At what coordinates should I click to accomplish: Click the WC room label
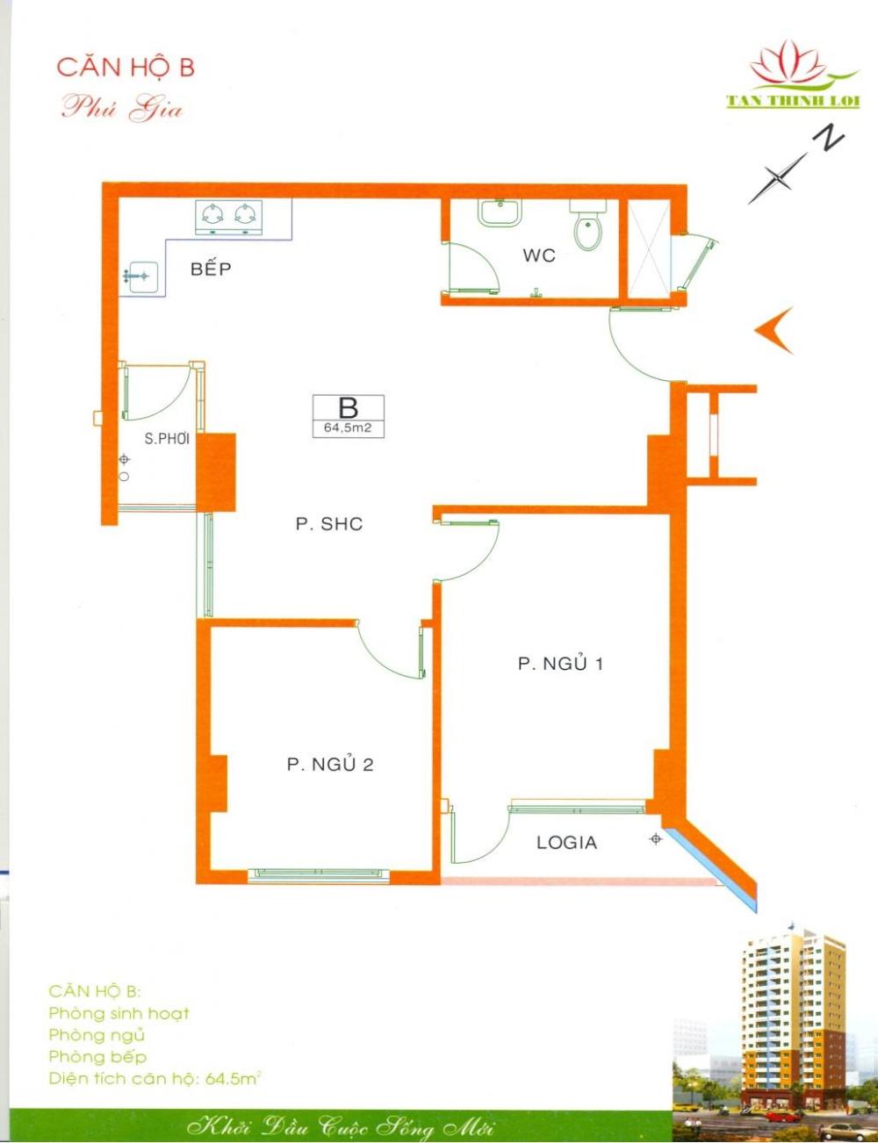[539, 256]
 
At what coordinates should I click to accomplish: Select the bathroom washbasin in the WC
[500, 212]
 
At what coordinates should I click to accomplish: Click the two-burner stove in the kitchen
[229, 217]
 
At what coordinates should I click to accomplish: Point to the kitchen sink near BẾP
[139, 277]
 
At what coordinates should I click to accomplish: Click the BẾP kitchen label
[211, 270]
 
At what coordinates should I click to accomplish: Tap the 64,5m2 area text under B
[348, 428]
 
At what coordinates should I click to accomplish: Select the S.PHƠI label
[167, 439]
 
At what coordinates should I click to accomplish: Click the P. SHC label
[329, 524]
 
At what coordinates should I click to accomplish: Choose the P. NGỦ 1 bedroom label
[560, 664]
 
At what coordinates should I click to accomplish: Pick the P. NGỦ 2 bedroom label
[330, 765]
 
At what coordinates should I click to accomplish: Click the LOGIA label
[566, 843]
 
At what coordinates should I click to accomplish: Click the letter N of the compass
[828, 139]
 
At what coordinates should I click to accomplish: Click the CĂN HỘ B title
[126, 68]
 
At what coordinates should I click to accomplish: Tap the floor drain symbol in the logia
[656, 838]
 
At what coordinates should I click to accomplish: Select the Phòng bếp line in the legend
[97, 1056]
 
